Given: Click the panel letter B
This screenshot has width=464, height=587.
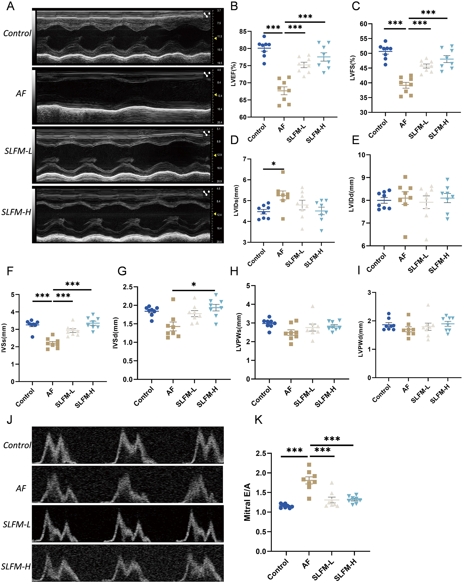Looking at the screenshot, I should [234, 6].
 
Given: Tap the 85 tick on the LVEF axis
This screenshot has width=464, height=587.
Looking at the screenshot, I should [243, 31].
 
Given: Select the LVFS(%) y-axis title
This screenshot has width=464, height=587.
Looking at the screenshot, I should [352, 68].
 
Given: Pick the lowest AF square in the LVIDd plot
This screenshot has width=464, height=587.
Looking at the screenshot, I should [405, 237].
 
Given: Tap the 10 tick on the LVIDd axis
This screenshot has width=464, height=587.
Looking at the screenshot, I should [361, 155].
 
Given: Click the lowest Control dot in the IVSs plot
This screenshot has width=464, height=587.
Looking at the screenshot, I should [33, 337].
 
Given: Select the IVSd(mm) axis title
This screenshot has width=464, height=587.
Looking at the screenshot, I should [115, 333].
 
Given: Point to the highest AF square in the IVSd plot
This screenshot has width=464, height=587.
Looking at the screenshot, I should [173, 299].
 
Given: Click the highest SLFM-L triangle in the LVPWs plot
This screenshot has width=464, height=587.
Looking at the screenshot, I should [313, 306].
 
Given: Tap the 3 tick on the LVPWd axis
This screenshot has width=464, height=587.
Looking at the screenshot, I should [369, 292].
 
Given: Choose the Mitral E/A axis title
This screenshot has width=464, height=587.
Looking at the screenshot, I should [247, 502].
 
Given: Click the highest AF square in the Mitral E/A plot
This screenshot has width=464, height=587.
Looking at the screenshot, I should [309, 464].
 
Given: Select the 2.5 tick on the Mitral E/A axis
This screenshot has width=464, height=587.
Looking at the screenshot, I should [261, 453].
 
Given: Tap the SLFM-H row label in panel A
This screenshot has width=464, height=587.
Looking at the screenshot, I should [16, 212].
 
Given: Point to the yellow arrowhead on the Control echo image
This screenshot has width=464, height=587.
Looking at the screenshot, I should [215, 38].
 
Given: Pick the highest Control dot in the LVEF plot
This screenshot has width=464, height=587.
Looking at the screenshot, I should [264, 36].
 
